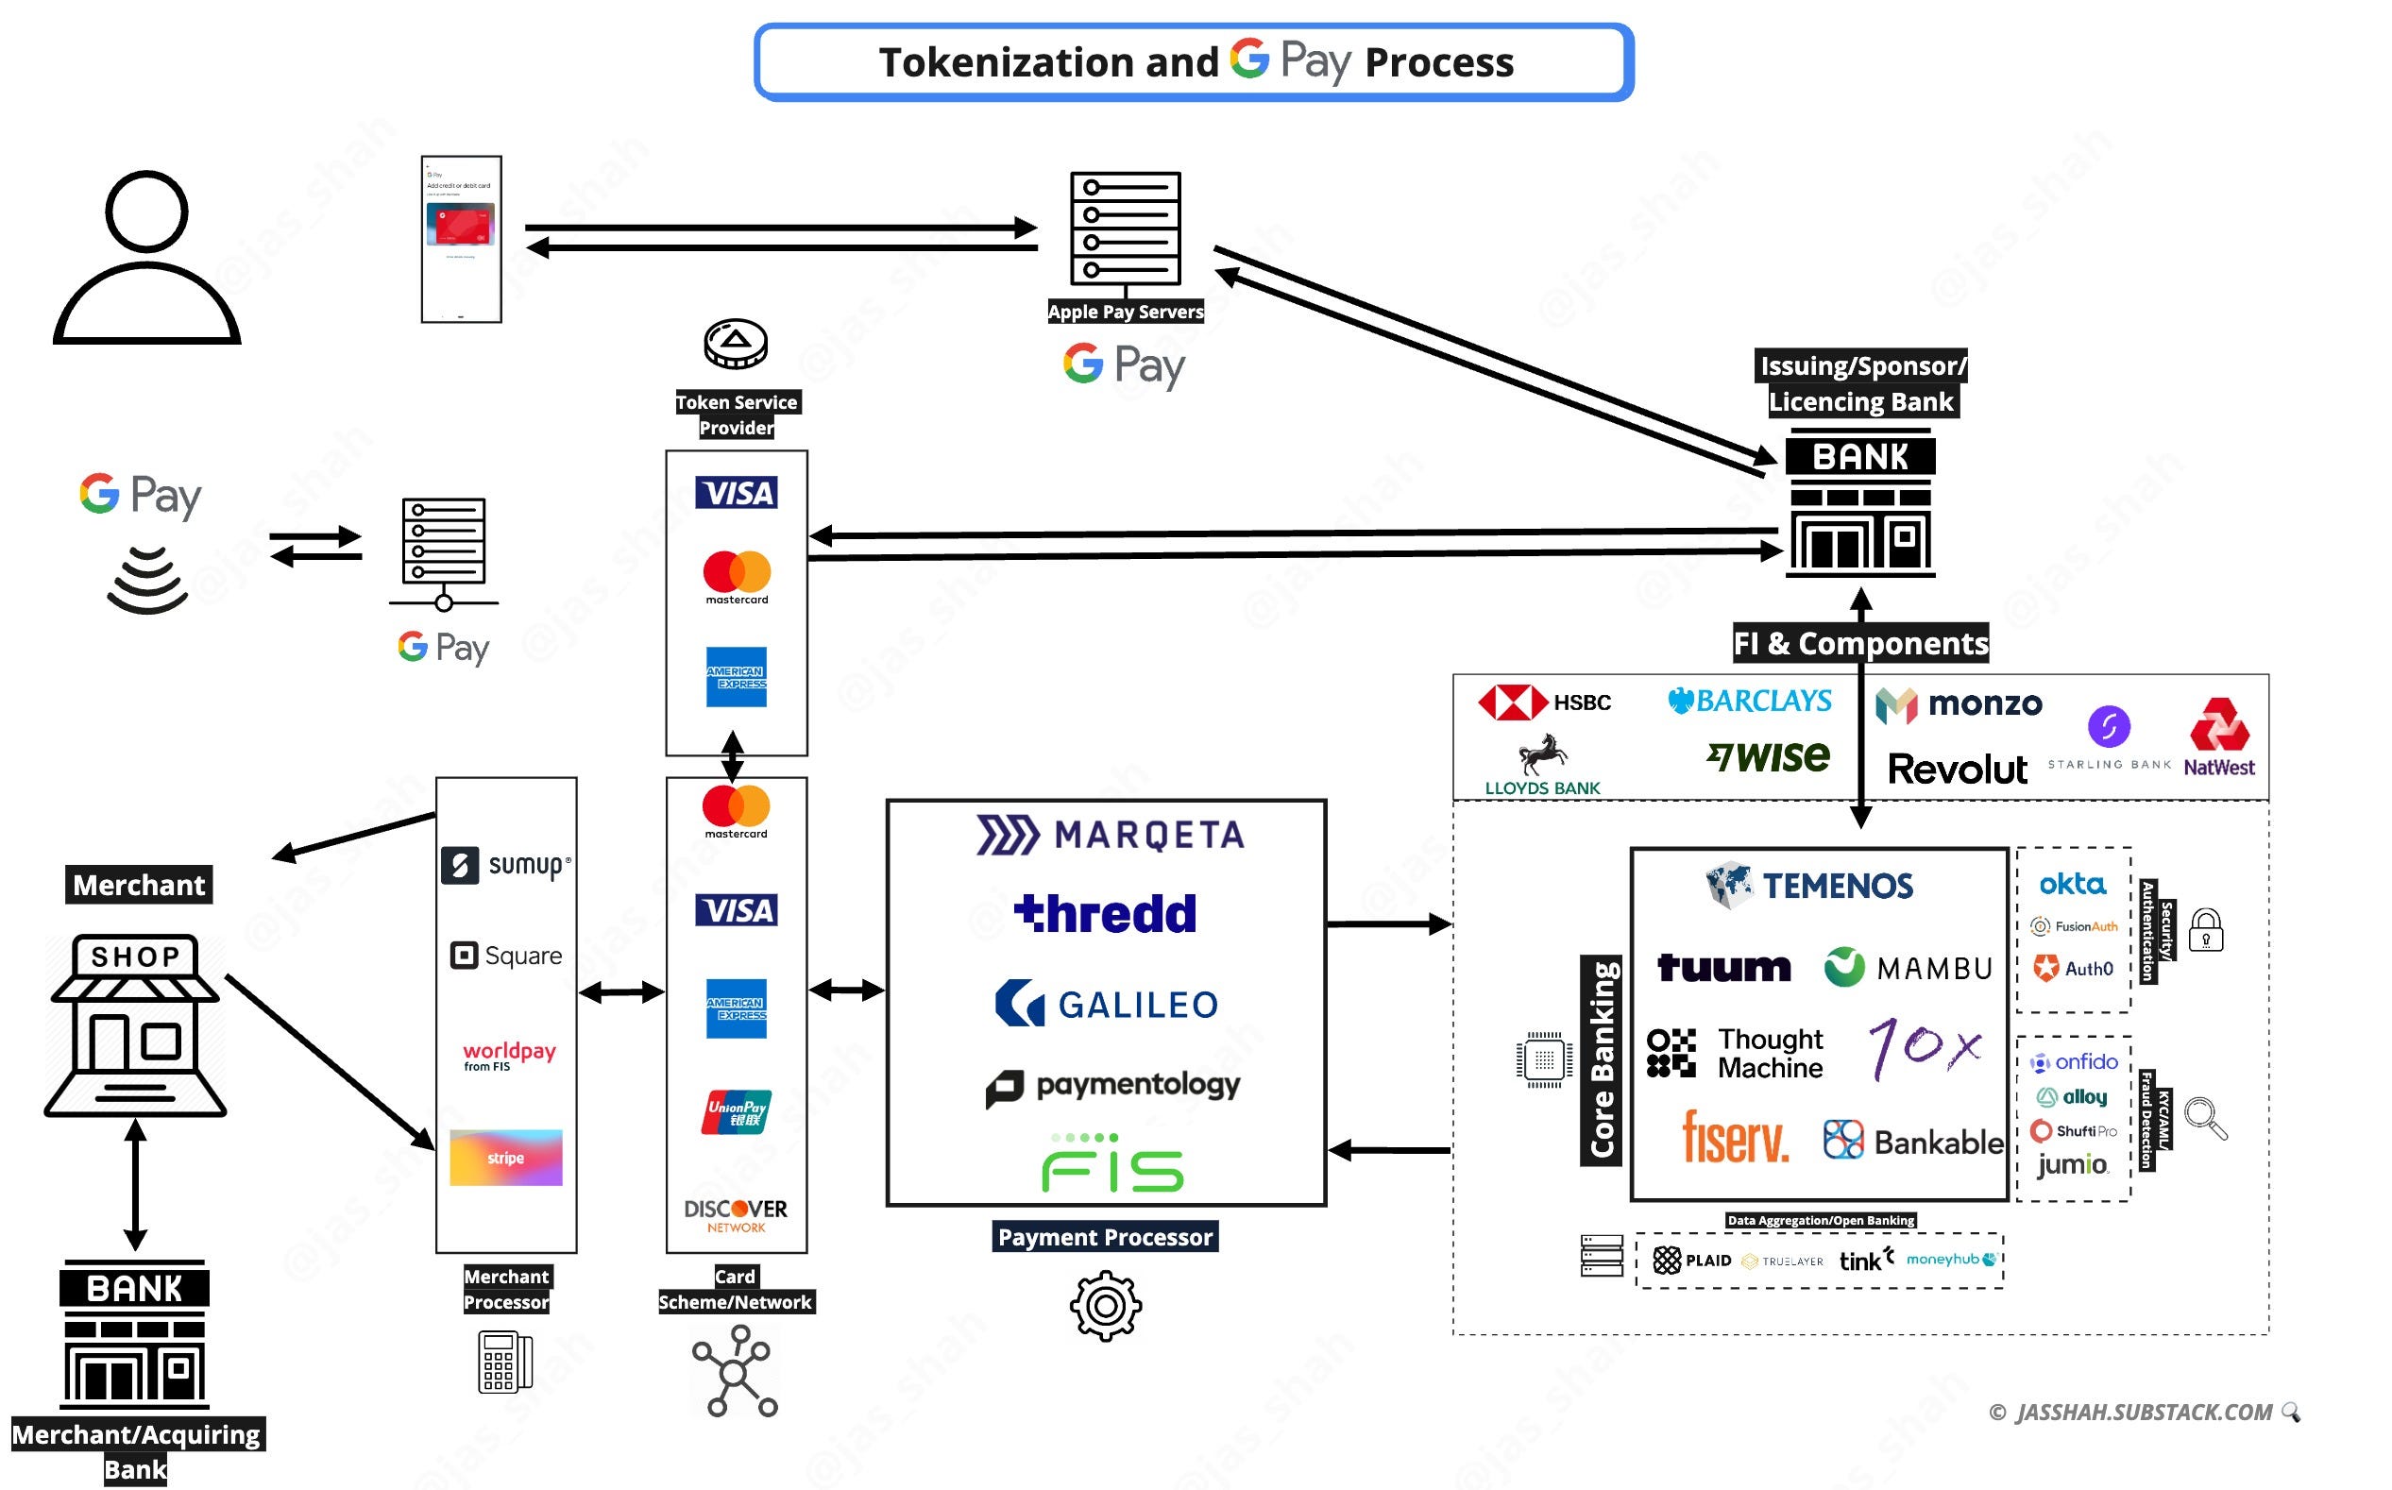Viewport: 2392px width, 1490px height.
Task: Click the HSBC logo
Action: (x=1543, y=703)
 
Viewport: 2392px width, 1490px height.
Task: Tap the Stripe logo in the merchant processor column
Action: (x=505, y=1157)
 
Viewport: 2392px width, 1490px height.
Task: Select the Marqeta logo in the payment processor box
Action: (x=1110, y=835)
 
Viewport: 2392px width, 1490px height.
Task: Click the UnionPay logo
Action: (x=737, y=1111)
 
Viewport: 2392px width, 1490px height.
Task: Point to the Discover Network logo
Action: (x=737, y=1214)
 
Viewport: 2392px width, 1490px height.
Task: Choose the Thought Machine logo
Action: (x=1735, y=1053)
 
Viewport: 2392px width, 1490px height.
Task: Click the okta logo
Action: (x=2072, y=884)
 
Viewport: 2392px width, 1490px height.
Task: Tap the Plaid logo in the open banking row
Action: (x=1692, y=1260)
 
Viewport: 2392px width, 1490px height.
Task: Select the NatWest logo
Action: (x=2218, y=737)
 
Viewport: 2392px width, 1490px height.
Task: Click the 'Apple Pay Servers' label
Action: (x=1126, y=312)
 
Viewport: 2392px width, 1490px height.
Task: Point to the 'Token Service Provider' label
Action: (x=737, y=415)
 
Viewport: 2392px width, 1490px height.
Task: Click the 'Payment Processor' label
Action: (x=1105, y=1237)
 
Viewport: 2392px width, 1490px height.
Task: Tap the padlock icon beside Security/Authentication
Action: (x=2206, y=930)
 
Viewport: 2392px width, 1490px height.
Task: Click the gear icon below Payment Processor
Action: (x=1106, y=1306)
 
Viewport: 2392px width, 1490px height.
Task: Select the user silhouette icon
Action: (x=147, y=258)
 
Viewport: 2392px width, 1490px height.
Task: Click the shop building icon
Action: (x=135, y=1024)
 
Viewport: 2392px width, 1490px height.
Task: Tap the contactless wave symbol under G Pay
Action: (x=147, y=581)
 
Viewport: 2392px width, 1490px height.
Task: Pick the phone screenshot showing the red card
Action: (x=461, y=240)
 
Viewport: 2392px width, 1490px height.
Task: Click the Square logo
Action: (x=505, y=955)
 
